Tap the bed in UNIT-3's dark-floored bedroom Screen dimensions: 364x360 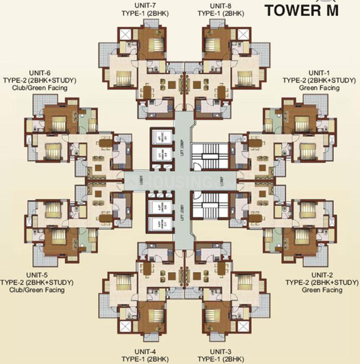coord(213,315)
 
